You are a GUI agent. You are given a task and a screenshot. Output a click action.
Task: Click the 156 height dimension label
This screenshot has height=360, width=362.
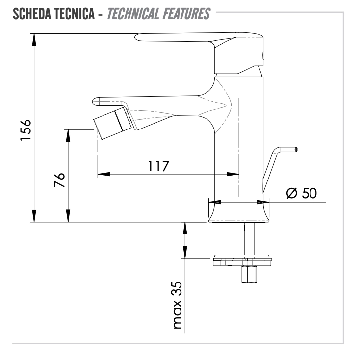point(26,130)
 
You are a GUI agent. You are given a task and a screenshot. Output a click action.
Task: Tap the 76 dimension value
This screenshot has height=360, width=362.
point(59,180)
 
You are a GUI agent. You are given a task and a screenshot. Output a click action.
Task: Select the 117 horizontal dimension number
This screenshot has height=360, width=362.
point(158,166)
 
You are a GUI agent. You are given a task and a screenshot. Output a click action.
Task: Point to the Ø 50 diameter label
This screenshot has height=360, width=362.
point(302,193)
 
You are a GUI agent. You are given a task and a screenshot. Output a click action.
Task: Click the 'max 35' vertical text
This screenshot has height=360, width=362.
point(177,305)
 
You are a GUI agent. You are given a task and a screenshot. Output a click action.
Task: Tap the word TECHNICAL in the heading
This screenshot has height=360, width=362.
point(133,14)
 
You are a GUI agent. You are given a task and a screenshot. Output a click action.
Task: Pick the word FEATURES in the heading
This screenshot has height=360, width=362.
point(186,14)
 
